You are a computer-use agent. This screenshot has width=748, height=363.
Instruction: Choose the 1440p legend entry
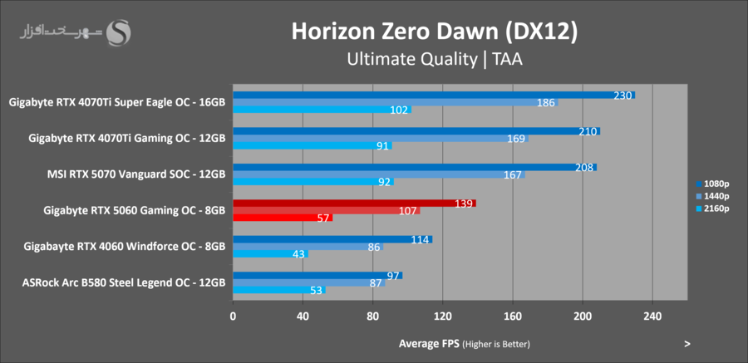tap(711, 196)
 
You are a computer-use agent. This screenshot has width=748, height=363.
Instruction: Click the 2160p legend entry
tap(711, 208)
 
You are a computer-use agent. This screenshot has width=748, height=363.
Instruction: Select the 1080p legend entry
tap(711, 184)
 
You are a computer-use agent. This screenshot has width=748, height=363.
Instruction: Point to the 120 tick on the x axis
tap(443, 316)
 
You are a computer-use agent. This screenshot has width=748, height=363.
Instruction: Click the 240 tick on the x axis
tap(652, 316)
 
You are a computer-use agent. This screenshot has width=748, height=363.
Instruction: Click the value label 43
tap(298, 253)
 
